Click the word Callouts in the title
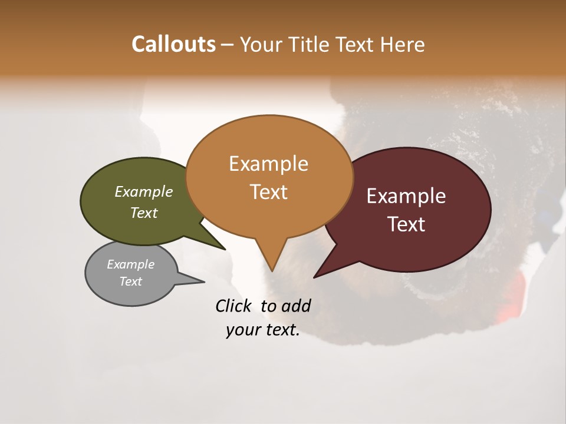[173, 44]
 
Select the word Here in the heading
[403, 45]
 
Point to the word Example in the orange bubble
[268, 164]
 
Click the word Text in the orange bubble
[268, 192]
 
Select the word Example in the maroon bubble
[406, 196]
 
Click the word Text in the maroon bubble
[406, 224]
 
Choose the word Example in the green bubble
[143, 191]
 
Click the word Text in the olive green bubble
[143, 213]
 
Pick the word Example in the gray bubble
[130, 264]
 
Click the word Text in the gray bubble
[130, 281]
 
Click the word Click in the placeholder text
[233, 306]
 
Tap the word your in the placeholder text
[242, 330]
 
